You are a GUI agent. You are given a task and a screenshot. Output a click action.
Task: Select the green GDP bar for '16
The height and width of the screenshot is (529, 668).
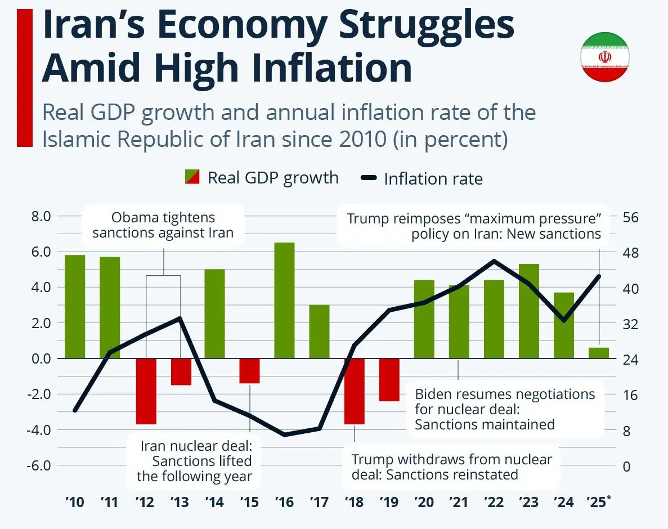point(285,301)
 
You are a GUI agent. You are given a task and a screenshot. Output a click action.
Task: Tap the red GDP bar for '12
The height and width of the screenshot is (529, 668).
point(146,391)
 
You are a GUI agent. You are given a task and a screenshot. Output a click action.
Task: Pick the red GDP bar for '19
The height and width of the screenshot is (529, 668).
point(389,380)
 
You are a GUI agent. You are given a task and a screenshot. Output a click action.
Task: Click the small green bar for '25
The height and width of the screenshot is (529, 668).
point(598,353)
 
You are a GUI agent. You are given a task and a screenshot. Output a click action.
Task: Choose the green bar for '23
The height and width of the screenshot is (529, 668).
point(529,311)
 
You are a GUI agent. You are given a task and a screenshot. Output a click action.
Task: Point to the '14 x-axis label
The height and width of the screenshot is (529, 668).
point(214,501)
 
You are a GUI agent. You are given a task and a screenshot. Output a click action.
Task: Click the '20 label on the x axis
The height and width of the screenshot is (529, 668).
point(424,501)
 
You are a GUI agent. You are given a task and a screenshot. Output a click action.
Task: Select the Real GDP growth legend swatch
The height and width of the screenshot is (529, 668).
point(192,178)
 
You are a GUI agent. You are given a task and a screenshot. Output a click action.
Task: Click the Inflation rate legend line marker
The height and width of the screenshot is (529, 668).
point(369,179)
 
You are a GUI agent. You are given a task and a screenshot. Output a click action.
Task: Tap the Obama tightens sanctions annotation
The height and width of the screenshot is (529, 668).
point(163,225)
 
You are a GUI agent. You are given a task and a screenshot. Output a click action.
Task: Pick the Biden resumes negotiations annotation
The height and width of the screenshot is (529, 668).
point(504,409)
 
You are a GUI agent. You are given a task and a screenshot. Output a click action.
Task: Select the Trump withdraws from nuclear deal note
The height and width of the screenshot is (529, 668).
point(451,467)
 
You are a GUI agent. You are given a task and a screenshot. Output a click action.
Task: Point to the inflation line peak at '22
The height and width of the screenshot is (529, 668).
point(494,261)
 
